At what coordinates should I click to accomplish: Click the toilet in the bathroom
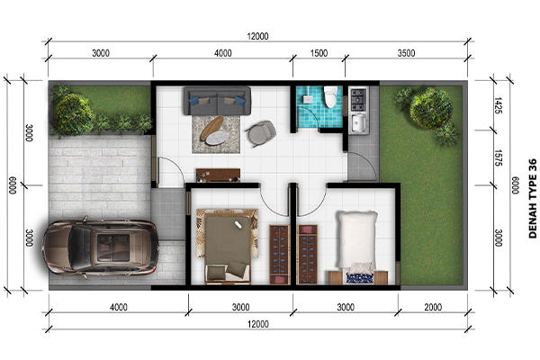tap(330, 96)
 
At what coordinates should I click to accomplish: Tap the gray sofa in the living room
tap(217, 101)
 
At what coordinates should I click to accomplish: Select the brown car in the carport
tap(101, 247)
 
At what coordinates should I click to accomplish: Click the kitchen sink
tap(358, 123)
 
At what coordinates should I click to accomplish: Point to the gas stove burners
tap(358, 100)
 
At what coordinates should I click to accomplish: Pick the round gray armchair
tap(261, 134)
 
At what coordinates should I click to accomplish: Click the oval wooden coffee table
tap(211, 128)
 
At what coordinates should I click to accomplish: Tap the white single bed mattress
tap(356, 239)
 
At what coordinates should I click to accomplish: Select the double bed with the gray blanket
tap(228, 247)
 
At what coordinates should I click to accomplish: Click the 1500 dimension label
tap(319, 53)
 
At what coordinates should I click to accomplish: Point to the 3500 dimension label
tap(407, 53)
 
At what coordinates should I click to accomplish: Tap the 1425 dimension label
tap(499, 105)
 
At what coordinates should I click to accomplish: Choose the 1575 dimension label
tap(499, 157)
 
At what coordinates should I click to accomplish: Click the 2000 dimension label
tap(433, 307)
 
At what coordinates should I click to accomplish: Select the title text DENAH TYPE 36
tap(533, 198)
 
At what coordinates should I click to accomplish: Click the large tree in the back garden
tap(431, 108)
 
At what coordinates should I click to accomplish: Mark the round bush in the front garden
tap(73, 113)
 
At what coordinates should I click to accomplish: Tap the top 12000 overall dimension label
tap(257, 36)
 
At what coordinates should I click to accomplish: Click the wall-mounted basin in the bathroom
tap(308, 99)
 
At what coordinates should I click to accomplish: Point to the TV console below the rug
tap(218, 175)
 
